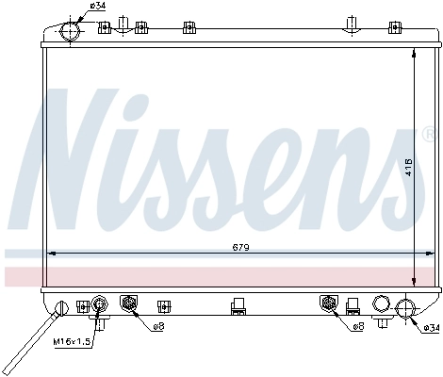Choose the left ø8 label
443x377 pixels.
point(157,326)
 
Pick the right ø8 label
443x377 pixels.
point(358,326)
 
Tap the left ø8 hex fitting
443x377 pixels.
point(129,303)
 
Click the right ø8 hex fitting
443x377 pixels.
point(329,303)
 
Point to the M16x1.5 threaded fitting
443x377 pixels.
point(99,303)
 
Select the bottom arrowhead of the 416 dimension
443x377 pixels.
point(416,284)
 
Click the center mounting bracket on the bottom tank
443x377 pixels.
point(238,305)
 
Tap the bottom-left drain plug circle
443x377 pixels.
point(62,305)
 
